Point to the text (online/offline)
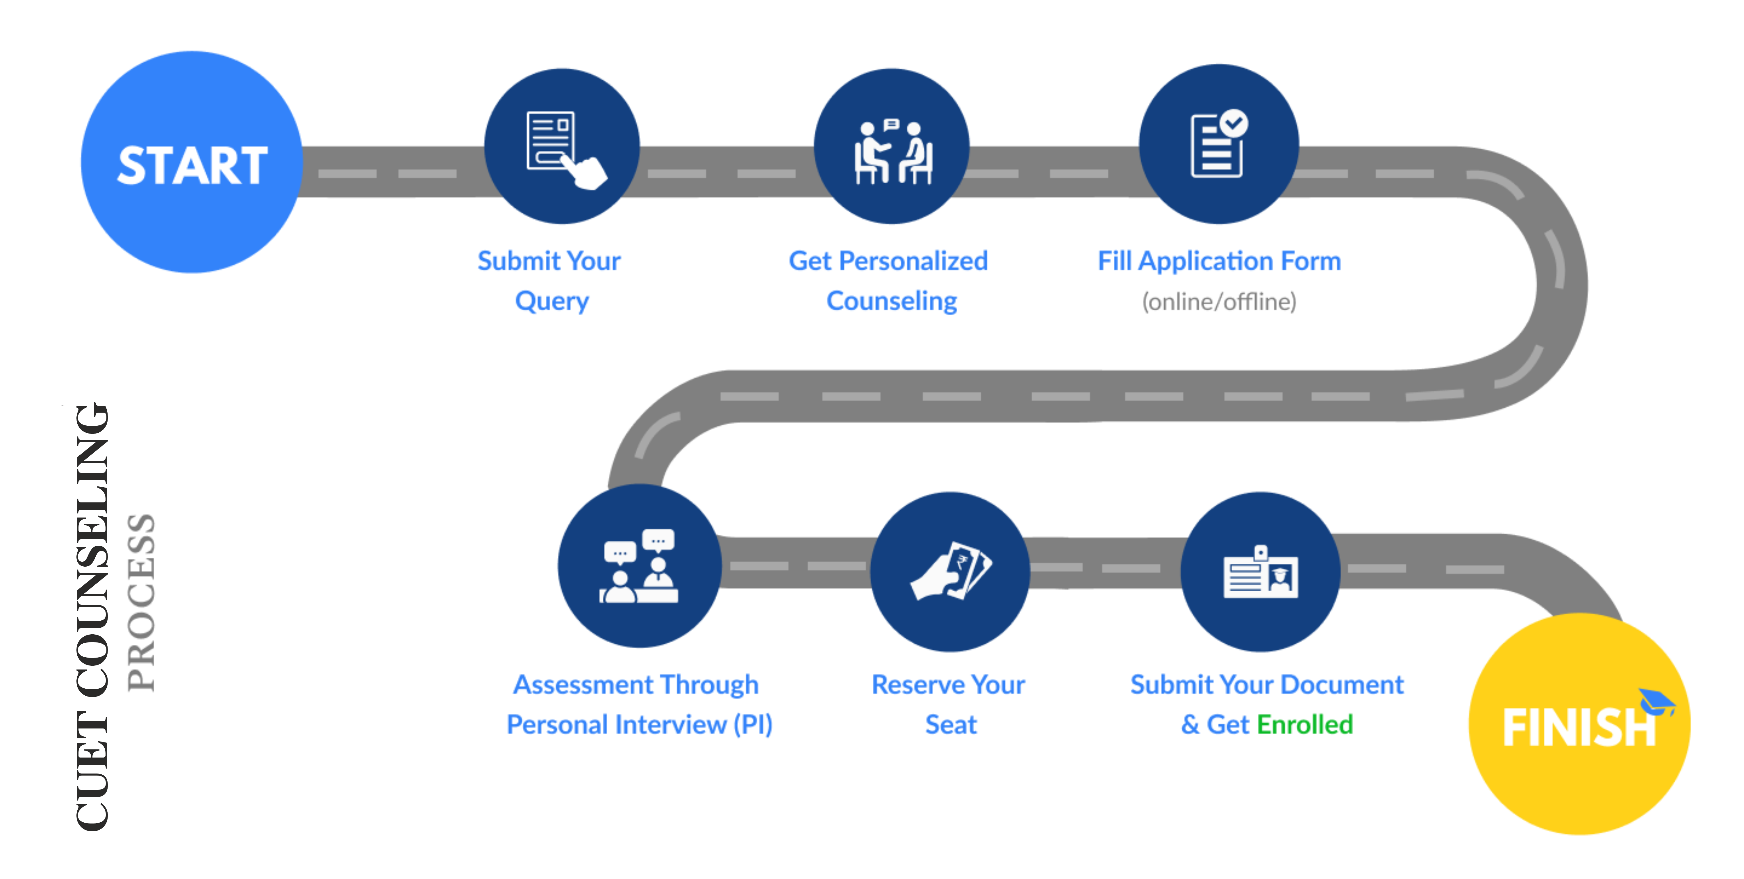point(1219,301)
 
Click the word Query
point(552,301)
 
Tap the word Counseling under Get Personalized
point(892,301)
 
